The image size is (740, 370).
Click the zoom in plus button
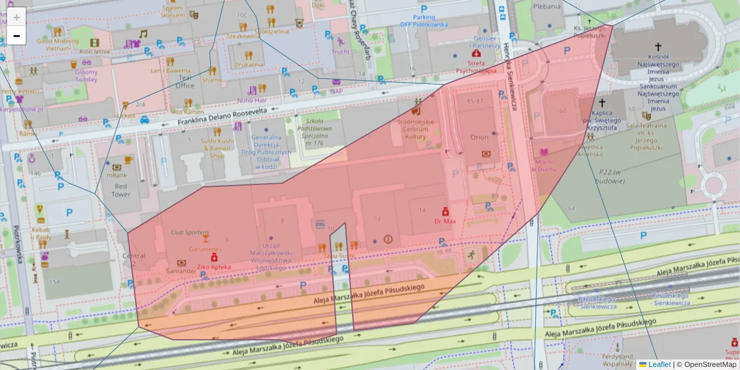pyautogui.click(x=17, y=17)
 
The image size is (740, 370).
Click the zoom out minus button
pyautogui.click(x=17, y=36)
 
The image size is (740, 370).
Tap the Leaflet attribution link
pyautogui.click(x=659, y=364)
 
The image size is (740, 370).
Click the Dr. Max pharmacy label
pyautogui.click(x=445, y=221)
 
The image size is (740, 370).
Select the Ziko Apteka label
pyautogui.click(x=214, y=267)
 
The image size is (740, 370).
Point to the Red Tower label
pyautogui.click(x=121, y=190)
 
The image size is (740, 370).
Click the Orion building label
pyautogui.click(x=479, y=138)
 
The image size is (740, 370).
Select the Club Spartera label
pyautogui.click(x=189, y=232)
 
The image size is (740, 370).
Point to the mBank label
pyautogui.click(x=117, y=175)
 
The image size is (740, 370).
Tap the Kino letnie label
pyautogui.click(x=94, y=52)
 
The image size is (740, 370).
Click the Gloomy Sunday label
pyautogui.click(x=86, y=75)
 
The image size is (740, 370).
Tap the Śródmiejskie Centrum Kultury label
pyautogui.click(x=416, y=129)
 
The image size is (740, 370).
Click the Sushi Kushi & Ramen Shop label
pyautogui.click(x=217, y=148)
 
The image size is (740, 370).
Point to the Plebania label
pyautogui.click(x=548, y=6)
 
